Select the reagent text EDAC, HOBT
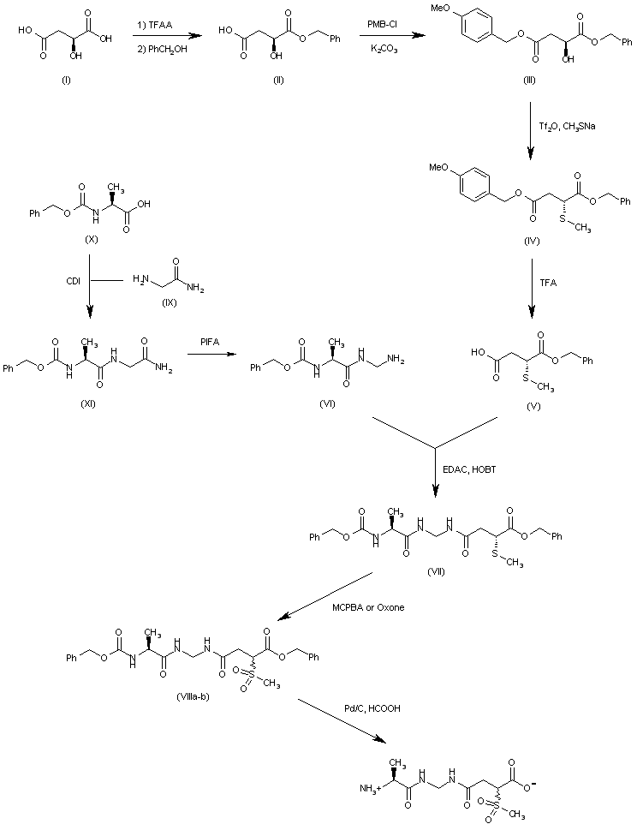(x=471, y=467)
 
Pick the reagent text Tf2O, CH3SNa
(x=568, y=127)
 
